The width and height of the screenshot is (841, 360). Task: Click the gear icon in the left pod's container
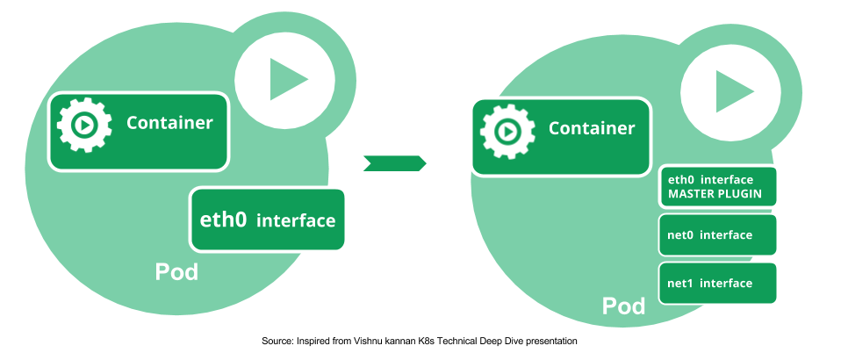(x=84, y=125)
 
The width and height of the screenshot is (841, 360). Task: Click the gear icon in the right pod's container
(x=507, y=131)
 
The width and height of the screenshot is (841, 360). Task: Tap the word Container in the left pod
(x=169, y=123)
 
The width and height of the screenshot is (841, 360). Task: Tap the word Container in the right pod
(x=592, y=128)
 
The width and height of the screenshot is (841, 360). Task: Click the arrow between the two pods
(x=394, y=162)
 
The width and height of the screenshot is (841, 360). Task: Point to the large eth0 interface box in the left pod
(x=267, y=220)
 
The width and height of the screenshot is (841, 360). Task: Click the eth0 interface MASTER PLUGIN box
(x=717, y=186)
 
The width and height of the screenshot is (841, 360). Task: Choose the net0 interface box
(x=717, y=235)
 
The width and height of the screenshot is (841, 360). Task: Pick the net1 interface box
(x=717, y=283)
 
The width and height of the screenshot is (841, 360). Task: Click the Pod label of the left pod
(x=176, y=272)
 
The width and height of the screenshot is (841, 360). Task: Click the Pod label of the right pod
(x=623, y=306)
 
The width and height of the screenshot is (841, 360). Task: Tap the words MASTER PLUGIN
(x=715, y=194)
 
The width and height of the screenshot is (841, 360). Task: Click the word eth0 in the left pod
(x=224, y=220)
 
